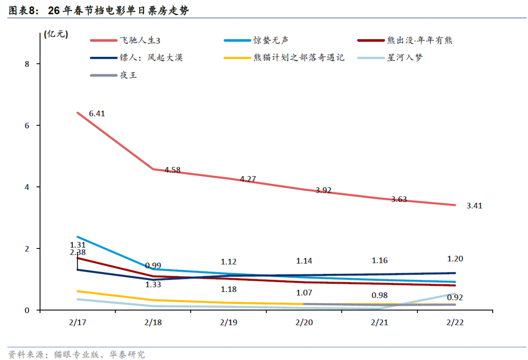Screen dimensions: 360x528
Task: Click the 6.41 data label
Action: (97, 113)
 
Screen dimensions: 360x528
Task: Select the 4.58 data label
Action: (173, 170)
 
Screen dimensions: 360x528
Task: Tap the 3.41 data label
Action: (474, 206)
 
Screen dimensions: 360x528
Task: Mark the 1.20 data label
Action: (455, 259)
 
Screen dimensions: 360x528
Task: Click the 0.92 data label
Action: (455, 297)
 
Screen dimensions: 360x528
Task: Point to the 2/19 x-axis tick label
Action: (228, 323)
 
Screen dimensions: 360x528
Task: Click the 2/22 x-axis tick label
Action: (455, 323)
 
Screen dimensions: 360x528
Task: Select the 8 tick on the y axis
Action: (27, 64)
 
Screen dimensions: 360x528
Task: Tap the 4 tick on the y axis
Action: (27, 187)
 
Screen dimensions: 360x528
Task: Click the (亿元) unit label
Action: (56, 34)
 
